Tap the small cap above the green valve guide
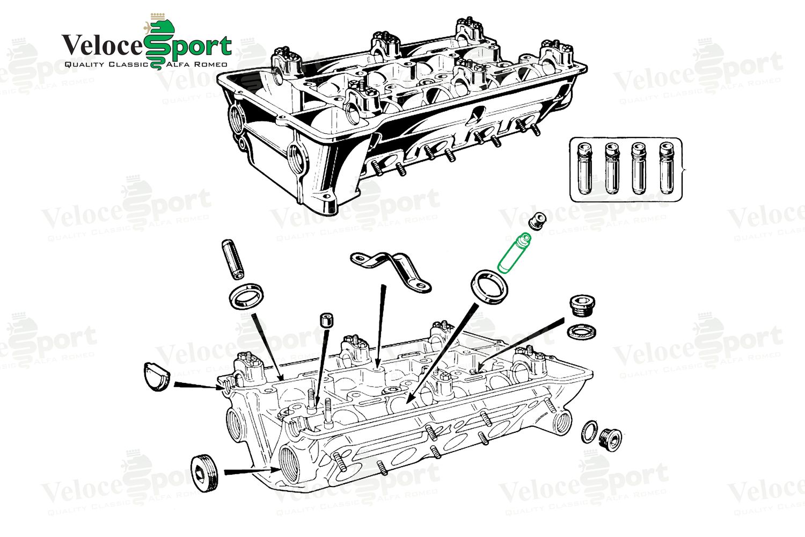537,219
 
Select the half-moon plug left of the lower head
157,376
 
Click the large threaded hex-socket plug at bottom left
204,473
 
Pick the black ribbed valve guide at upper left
232,259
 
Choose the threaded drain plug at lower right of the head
610,438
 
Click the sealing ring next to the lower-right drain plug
589,431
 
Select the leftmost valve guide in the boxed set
584,168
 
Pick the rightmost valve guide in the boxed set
666,168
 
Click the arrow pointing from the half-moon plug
196,384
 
